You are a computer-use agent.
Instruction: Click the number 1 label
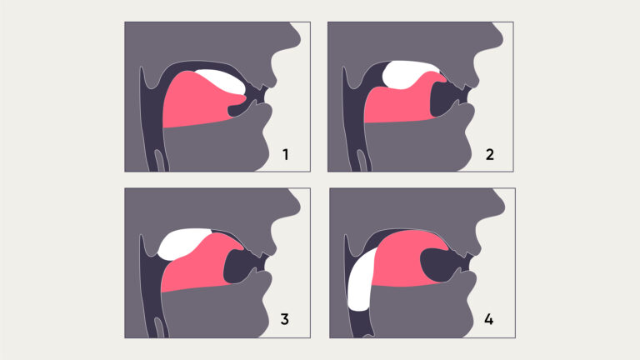point(285,154)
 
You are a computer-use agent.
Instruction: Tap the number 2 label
point(488,154)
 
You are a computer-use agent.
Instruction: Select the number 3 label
point(285,320)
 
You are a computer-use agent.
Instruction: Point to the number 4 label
point(488,320)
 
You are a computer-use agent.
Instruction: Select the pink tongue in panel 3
point(200,267)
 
